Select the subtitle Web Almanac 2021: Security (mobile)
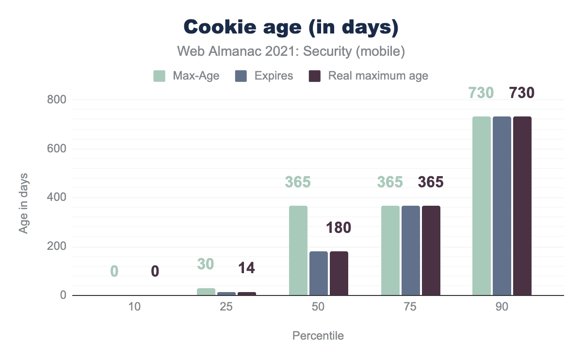tap(291, 51)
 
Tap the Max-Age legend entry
tap(186, 76)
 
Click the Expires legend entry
tap(264, 76)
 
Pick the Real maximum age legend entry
tap(369, 76)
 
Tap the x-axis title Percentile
tap(318, 336)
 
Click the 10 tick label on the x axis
tap(135, 309)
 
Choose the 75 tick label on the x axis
tap(410, 309)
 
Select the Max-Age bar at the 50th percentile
tap(298, 250)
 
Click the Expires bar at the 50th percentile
tap(319, 273)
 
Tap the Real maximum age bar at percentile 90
tap(522, 206)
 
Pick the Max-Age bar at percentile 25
tap(206, 292)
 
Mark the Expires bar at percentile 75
tap(410, 250)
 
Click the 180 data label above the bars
tap(339, 227)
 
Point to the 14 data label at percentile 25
tap(246, 268)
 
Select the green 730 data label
tap(481, 92)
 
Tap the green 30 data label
tap(206, 264)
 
